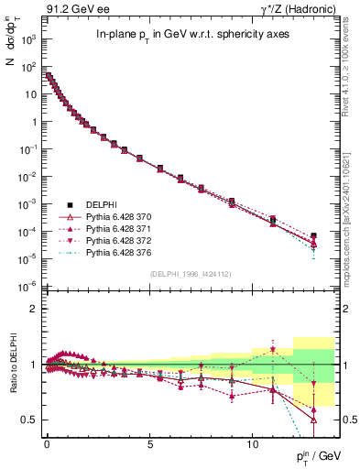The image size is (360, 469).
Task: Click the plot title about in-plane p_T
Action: (x=180, y=35)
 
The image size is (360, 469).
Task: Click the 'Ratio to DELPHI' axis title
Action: (x=12, y=366)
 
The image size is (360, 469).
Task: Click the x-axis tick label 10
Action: (x=253, y=442)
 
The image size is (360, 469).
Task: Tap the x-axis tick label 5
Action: (x=149, y=442)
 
